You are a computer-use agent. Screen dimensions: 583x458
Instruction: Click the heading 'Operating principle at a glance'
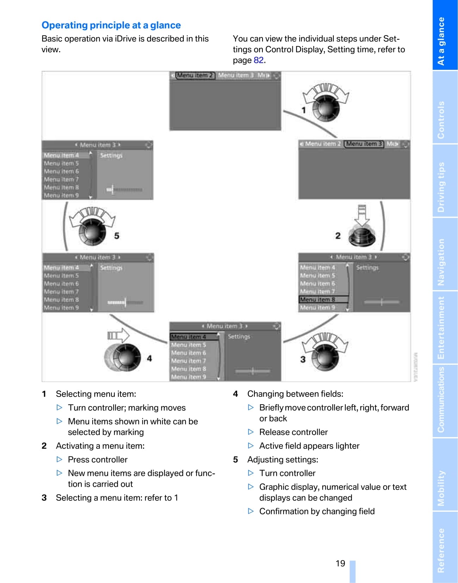click(111, 25)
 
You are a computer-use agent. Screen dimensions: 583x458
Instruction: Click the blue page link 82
click(259, 60)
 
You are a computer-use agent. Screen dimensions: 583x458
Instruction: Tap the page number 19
click(340, 563)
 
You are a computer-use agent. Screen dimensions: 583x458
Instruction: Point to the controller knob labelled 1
click(326, 108)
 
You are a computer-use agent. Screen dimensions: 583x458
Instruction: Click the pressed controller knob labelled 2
click(361, 236)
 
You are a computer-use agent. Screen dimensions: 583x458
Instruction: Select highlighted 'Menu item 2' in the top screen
click(195, 75)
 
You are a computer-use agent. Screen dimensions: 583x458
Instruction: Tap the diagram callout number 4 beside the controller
click(149, 358)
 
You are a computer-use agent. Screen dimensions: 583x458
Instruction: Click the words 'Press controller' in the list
click(98, 460)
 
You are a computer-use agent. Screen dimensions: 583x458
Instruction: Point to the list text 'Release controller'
click(293, 432)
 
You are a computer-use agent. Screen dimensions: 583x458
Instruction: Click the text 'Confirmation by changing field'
click(317, 511)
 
